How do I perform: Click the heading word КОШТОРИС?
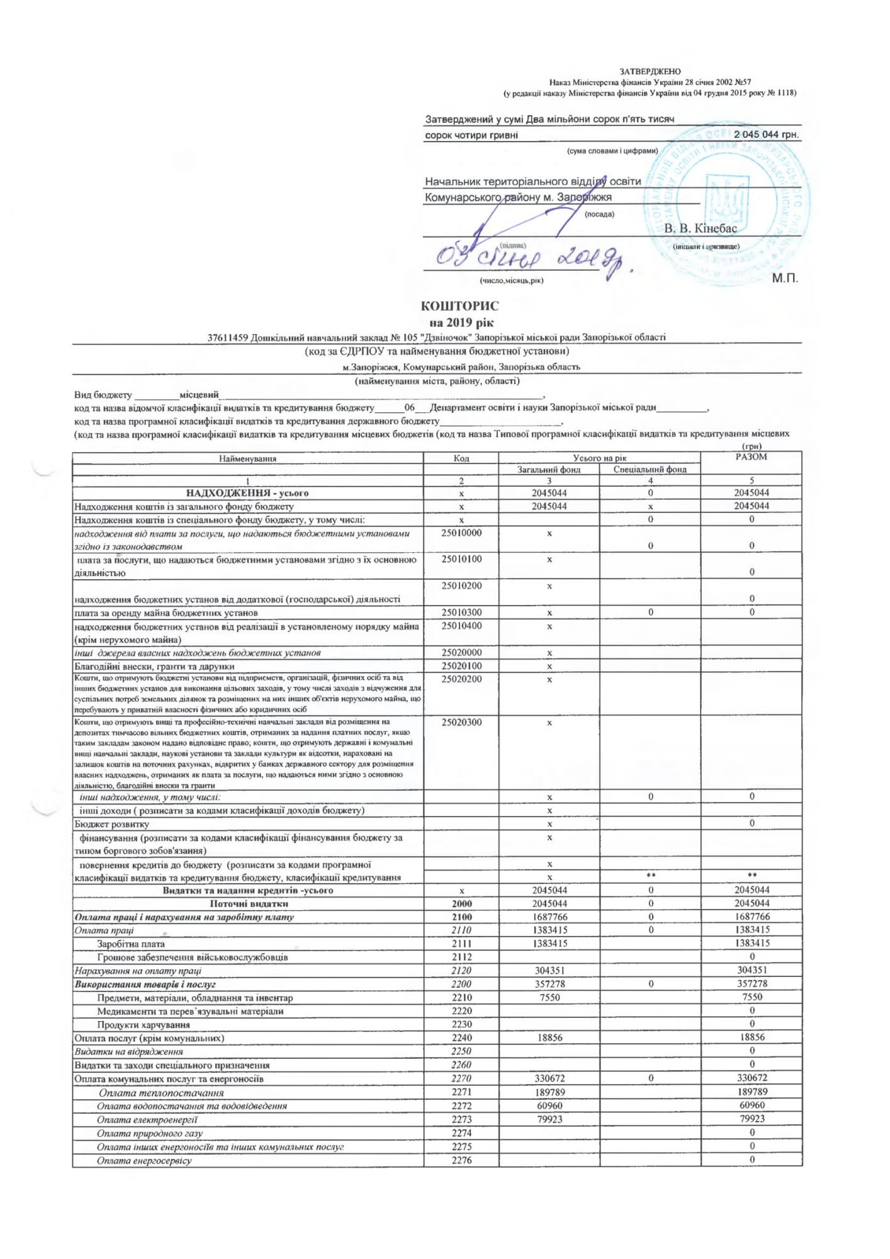coord(459,307)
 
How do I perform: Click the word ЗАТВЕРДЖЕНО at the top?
coord(650,72)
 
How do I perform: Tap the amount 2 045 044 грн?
coord(765,135)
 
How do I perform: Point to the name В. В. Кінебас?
coord(700,229)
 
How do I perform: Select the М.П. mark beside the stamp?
coord(785,278)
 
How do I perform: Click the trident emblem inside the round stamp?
coord(727,203)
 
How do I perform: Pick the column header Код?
coord(461,458)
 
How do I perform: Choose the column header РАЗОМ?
coord(751,457)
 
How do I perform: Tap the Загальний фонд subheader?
coord(549,470)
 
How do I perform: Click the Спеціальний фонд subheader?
coord(650,470)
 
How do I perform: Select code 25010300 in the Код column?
coord(461,613)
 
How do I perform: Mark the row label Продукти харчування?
coord(144,1025)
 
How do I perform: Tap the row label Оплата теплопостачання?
coord(161,1093)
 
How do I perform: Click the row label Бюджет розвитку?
coord(112,824)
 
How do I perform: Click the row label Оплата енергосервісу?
coord(144,1160)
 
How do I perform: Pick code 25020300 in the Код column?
coord(461,722)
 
